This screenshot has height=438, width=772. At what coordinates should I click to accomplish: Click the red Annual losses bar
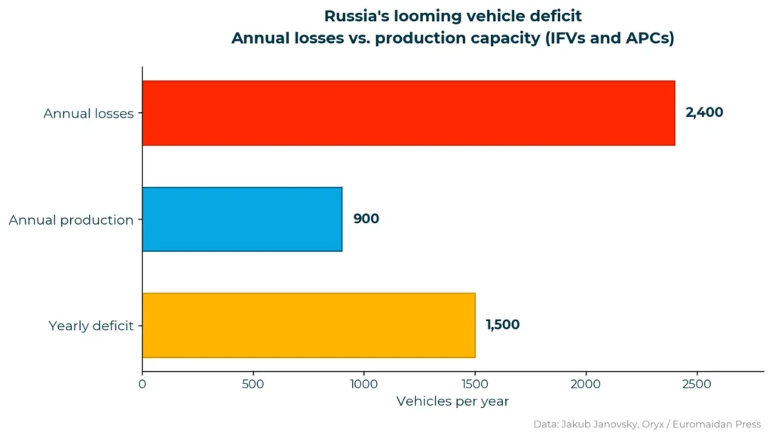click(408, 113)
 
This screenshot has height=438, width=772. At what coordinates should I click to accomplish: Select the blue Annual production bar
click(242, 219)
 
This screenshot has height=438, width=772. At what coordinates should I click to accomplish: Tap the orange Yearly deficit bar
click(308, 325)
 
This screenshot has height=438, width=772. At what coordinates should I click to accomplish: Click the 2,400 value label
click(703, 113)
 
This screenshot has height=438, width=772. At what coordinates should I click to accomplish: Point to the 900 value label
click(366, 219)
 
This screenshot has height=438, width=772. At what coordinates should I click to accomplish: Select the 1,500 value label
click(502, 325)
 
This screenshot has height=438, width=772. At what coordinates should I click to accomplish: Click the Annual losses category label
click(88, 114)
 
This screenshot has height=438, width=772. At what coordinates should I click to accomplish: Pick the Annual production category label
click(71, 220)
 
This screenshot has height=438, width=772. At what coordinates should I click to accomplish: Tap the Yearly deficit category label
click(90, 326)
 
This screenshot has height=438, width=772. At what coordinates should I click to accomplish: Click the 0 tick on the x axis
click(142, 384)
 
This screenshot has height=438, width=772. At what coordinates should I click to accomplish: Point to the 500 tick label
click(253, 384)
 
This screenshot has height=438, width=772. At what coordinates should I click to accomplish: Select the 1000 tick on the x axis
click(363, 384)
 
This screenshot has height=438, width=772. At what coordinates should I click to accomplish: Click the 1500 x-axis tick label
click(474, 384)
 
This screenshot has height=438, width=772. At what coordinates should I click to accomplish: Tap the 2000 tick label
click(586, 384)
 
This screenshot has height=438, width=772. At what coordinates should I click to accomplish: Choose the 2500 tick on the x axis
click(697, 384)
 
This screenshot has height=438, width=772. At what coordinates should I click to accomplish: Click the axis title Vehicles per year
click(452, 401)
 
